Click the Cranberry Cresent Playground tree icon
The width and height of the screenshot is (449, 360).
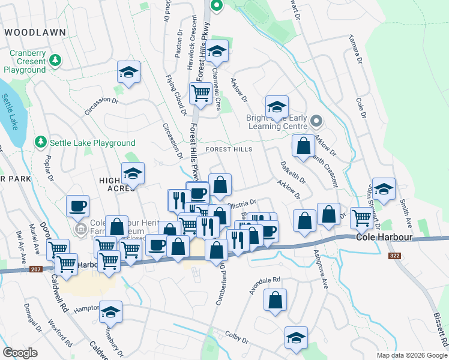(55, 60)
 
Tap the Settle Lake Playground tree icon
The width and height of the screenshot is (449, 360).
(41, 143)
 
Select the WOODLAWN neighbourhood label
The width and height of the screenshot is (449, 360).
(32, 31)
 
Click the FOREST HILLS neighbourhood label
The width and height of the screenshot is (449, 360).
(228, 149)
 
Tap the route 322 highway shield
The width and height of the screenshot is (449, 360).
(394, 256)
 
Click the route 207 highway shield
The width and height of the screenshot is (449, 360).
(36, 270)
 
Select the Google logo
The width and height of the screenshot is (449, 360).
(20, 353)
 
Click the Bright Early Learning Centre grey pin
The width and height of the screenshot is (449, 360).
(318, 122)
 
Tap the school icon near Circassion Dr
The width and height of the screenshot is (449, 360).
(129, 73)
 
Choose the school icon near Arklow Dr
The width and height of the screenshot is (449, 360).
(277, 107)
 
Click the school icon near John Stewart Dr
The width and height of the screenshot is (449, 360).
(384, 189)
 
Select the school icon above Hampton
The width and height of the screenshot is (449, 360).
(110, 312)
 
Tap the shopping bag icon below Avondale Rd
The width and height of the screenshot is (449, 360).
(274, 302)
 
